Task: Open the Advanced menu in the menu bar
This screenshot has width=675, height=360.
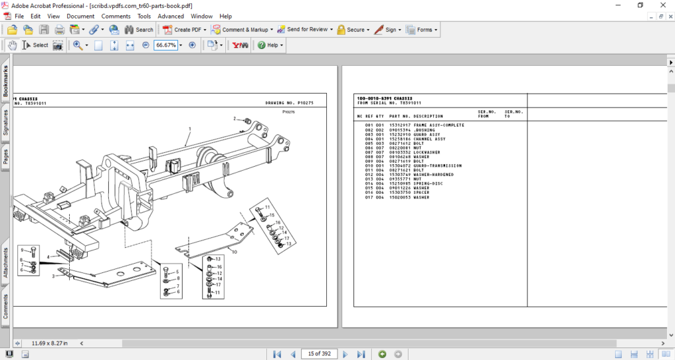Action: click(x=171, y=16)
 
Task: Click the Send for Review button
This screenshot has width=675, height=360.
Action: click(x=303, y=30)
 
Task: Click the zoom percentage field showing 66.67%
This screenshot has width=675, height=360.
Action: click(x=165, y=45)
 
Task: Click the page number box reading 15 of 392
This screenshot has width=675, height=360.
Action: click(x=319, y=354)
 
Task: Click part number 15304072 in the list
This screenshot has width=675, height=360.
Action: click(x=399, y=165)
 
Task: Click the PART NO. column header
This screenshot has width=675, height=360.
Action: click(x=399, y=117)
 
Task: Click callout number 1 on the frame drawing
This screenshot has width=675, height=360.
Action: click(x=190, y=128)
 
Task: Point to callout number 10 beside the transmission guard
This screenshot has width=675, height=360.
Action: click(x=233, y=252)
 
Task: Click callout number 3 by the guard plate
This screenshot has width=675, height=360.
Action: click(x=54, y=276)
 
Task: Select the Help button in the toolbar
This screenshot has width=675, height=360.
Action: click(x=270, y=45)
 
